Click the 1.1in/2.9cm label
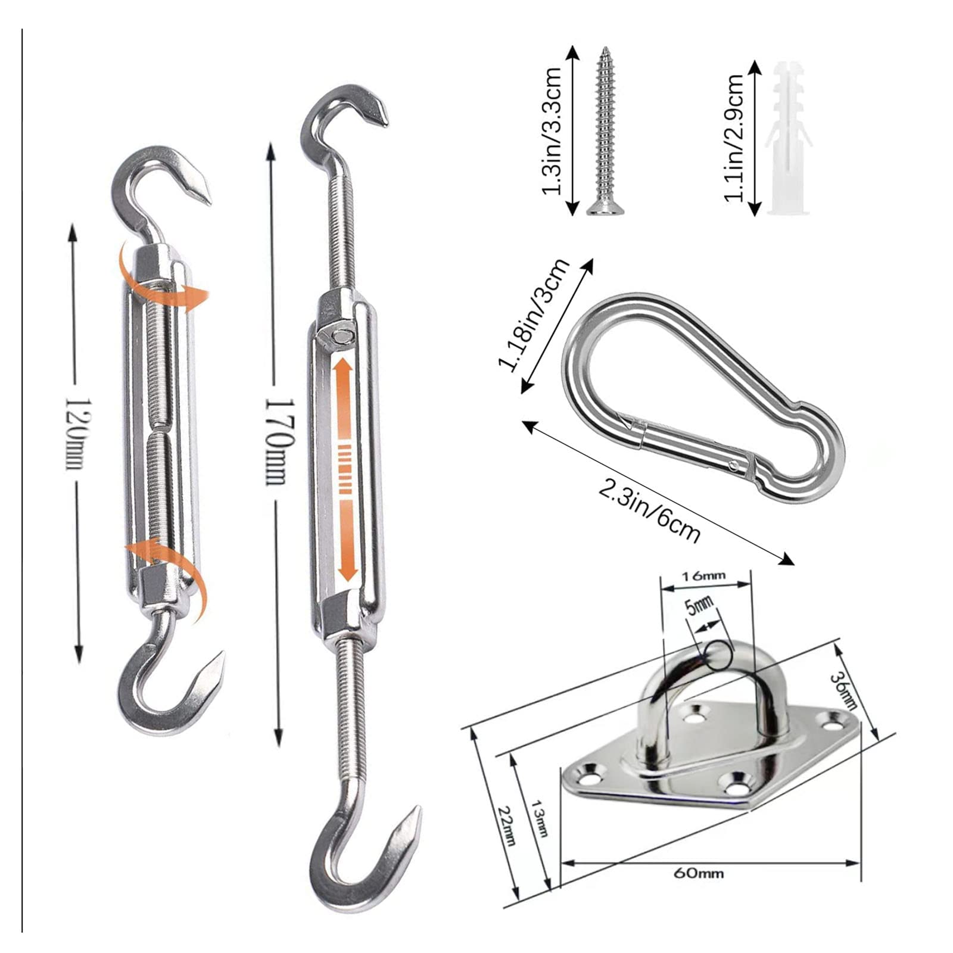point(734,139)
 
